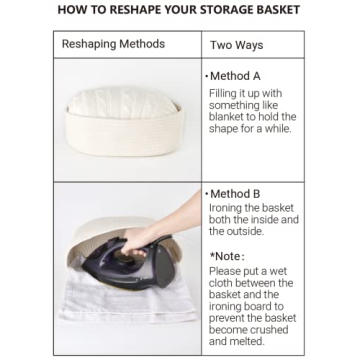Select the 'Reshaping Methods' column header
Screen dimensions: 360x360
click(113, 44)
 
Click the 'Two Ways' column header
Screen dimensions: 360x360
click(236, 45)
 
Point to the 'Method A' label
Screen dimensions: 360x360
click(235, 76)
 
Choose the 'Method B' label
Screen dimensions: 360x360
click(235, 194)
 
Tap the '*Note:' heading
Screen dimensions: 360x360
click(227, 256)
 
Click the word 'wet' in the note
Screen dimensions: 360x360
click(278, 271)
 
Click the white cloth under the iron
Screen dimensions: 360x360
click(127, 300)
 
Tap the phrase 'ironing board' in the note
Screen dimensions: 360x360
click(246, 307)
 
